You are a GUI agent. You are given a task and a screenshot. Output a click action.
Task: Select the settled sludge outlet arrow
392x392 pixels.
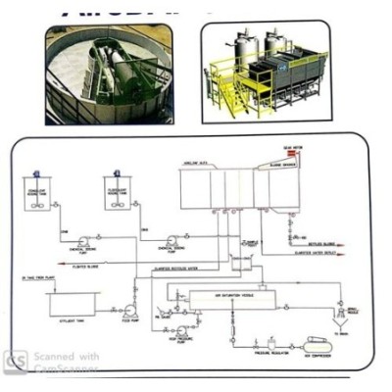(x=291, y=244)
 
